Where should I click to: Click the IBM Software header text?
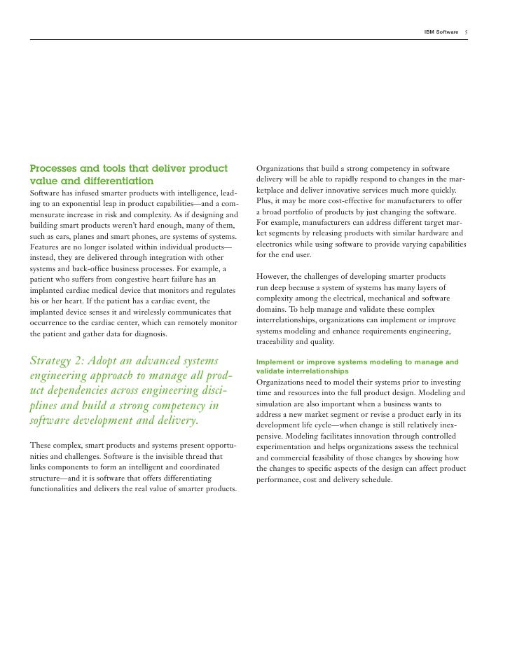tap(441, 33)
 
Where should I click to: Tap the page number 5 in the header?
tap(467, 33)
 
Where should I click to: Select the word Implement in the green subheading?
tap(278, 362)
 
